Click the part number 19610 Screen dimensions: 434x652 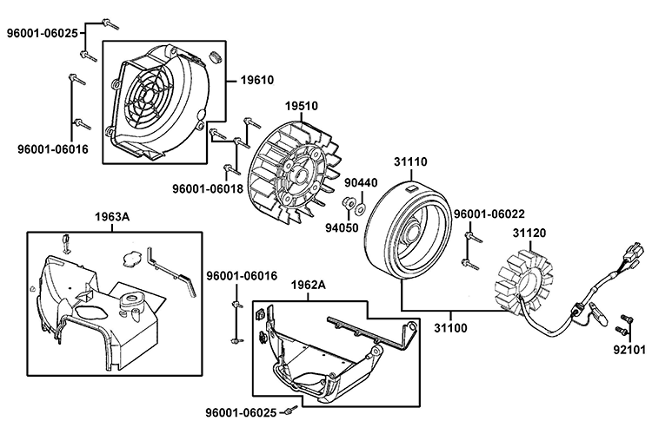coord(256,80)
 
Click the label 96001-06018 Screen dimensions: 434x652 coord(207,187)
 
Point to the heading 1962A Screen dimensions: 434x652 coord(309,285)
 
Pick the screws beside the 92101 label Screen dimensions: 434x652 coord(622,329)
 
